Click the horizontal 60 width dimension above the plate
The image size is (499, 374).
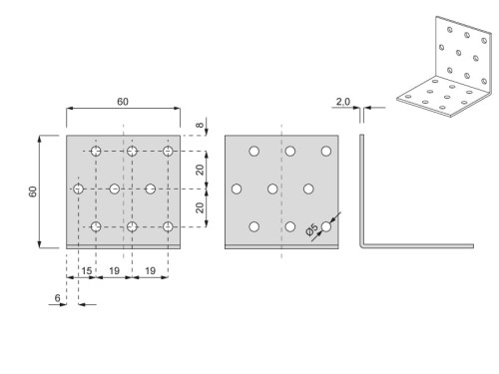pyautogui.click(x=122, y=102)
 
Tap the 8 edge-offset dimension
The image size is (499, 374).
pyautogui.click(x=201, y=126)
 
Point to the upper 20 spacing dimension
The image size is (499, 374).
pyautogui.click(x=202, y=170)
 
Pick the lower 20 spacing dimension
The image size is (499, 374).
pyautogui.click(x=202, y=207)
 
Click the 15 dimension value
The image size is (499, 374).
pyautogui.click(x=87, y=271)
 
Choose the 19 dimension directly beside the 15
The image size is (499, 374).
pyautogui.click(x=114, y=271)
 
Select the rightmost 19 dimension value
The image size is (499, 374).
pyautogui.click(x=150, y=271)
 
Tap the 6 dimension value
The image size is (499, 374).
pyautogui.click(x=59, y=297)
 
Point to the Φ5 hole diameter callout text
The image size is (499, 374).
pyautogui.click(x=313, y=230)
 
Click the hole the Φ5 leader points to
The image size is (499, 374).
pyautogui.click(x=326, y=226)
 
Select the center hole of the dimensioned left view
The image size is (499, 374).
pyautogui.click(x=114, y=188)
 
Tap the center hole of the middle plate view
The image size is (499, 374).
pyautogui.click(x=272, y=188)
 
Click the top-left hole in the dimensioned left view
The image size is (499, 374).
pyautogui.click(x=96, y=152)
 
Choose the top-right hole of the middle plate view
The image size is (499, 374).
pyautogui.click(x=326, y=151)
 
